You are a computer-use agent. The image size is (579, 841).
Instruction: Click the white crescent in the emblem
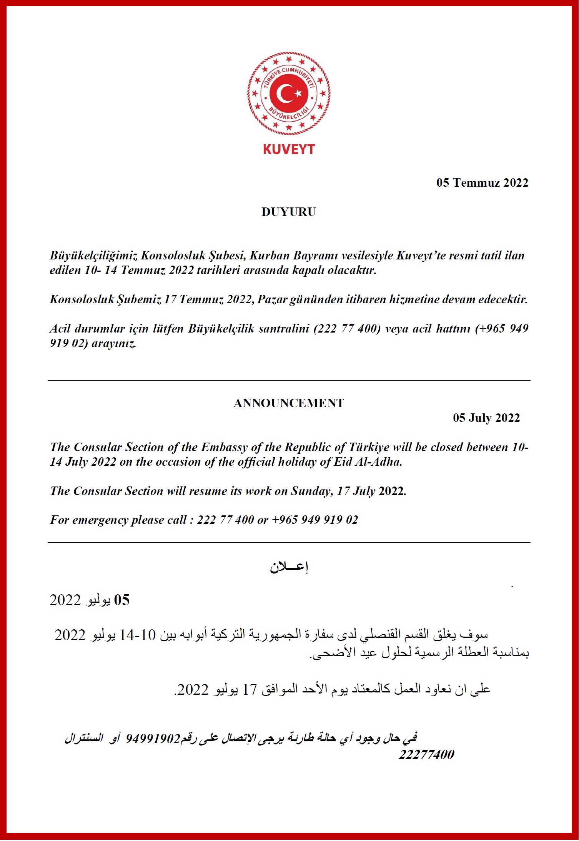pyautogui.click(x=285, y=94)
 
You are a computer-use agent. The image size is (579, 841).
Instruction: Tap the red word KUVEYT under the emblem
pyautogui.click(x=289, y=149)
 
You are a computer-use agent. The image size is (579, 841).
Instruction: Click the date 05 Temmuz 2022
pyautogui.click(x=482, y=182)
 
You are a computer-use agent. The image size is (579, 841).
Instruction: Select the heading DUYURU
pyautogui.click(x=289, y=212)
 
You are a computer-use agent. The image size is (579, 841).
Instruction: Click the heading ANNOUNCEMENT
pyautogui.click(x=289, y=403)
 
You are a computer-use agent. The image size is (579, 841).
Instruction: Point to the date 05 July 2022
pyautogui.click(x=486, y=418)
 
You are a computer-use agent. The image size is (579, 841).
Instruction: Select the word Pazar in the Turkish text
pyautogui.click(x=272, y=299)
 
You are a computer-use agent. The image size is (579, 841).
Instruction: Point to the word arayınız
pyautogui.click(x=114, y=343)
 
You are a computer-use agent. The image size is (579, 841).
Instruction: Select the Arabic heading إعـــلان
pyautogui.click(x=289, y=567)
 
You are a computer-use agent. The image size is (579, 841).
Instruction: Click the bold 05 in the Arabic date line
pyautogui.click(x=121, y=600)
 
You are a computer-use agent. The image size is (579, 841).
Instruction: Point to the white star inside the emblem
pyautogui.click(x=298, y=94)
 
